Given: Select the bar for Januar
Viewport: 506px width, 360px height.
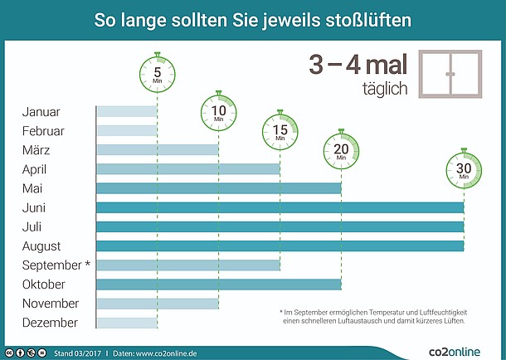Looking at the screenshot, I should (x=127, y=112).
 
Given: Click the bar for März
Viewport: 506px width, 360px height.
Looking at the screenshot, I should (x=158, y=150).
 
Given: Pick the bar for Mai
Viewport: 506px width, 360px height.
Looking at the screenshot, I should (x=219, y=188).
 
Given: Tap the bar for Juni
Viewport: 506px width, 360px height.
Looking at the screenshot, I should (x=280, y=207).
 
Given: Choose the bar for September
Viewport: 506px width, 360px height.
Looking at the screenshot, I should (x=188, y=265).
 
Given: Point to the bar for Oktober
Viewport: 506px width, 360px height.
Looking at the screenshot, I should (x=219, y=285).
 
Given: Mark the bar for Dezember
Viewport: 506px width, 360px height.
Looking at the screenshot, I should (x=127, y=323).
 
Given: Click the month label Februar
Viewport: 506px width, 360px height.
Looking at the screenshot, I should (x=43, y=131).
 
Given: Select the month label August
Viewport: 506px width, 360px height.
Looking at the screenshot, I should (x=41, y=246).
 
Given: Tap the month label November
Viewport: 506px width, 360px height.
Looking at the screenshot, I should (x=51, y=304).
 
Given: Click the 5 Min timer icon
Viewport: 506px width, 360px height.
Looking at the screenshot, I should (x=158, y=72).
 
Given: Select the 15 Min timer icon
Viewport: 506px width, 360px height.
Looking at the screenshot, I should (x=280, y=130).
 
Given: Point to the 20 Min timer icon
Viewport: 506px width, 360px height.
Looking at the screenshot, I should (x=341, y=150).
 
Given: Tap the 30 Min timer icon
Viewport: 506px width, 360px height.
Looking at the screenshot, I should (x=464, y=168).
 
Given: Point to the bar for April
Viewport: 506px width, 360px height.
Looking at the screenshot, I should (x=188, y=169).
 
